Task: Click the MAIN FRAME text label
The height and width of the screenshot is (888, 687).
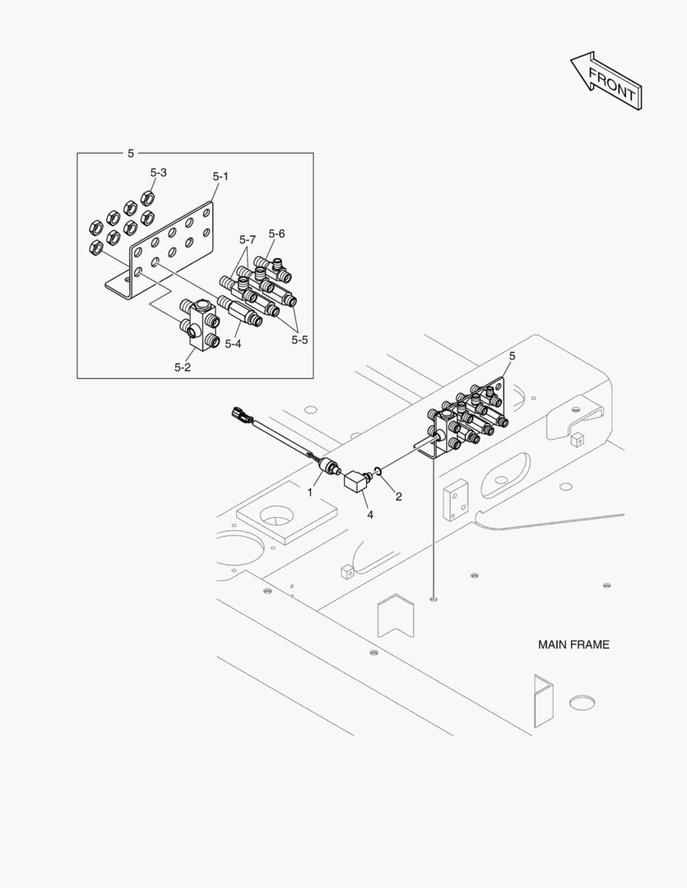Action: pyautogui.click(x=573, y=645)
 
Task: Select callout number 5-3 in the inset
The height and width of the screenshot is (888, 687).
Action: pyautogui.click(x=158, y=173)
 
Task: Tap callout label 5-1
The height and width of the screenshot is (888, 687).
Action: pyautogui.click(x=220, y=177)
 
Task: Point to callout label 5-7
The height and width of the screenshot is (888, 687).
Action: pyautogui.click(x=248, y=240)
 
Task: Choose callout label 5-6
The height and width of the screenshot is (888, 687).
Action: pyautogui.click(x=276, y=234)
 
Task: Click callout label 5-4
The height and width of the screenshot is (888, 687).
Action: pyautogui.click(x=233, y=343)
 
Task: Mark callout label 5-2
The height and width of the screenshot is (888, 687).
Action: pyautogui.click(x=183, y=367)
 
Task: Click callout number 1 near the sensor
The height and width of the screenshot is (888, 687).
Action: pyautogui.click(x=310, y=492)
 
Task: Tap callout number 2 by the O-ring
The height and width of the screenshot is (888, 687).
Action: pyautogui.click(x=398, y=496)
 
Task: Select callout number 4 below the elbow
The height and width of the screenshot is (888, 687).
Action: pyautogui.click(x=369, y=515)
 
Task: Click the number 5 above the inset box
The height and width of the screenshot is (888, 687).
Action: pyautogui.click(x=130, y=153)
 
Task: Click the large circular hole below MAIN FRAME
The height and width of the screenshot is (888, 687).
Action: pyautogui.click(x=582, y=702)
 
